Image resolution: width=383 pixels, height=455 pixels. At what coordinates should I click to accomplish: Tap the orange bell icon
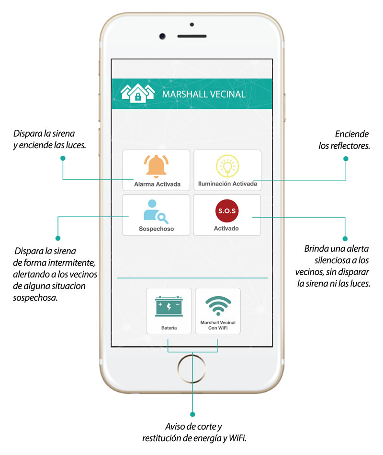click(x=156, y=166)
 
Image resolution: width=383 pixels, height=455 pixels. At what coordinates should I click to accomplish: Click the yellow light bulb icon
click(x=227, y=165)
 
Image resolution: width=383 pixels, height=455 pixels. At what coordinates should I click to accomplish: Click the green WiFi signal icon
click(x=218, y=305)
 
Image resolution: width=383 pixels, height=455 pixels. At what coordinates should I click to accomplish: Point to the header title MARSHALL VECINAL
click(x=204, y=94)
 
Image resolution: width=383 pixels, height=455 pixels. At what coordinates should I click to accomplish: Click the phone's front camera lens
click(x=162, y=36)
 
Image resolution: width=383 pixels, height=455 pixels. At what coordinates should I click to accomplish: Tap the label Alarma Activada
click(x=157, y=184)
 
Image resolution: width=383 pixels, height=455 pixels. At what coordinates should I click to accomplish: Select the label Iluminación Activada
click(x=227, y=184)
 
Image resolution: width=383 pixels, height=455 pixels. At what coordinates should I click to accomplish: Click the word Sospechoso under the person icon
click(x=156, y=229)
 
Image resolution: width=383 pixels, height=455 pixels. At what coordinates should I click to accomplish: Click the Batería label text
click(x=169, y=328)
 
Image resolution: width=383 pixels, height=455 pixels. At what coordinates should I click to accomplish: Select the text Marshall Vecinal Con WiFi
click(x=218, y=326)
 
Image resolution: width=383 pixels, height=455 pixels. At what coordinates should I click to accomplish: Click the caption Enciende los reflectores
click(x=344, y=140)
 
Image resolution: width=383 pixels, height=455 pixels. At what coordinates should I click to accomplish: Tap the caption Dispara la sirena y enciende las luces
click(x=49, y=139)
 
